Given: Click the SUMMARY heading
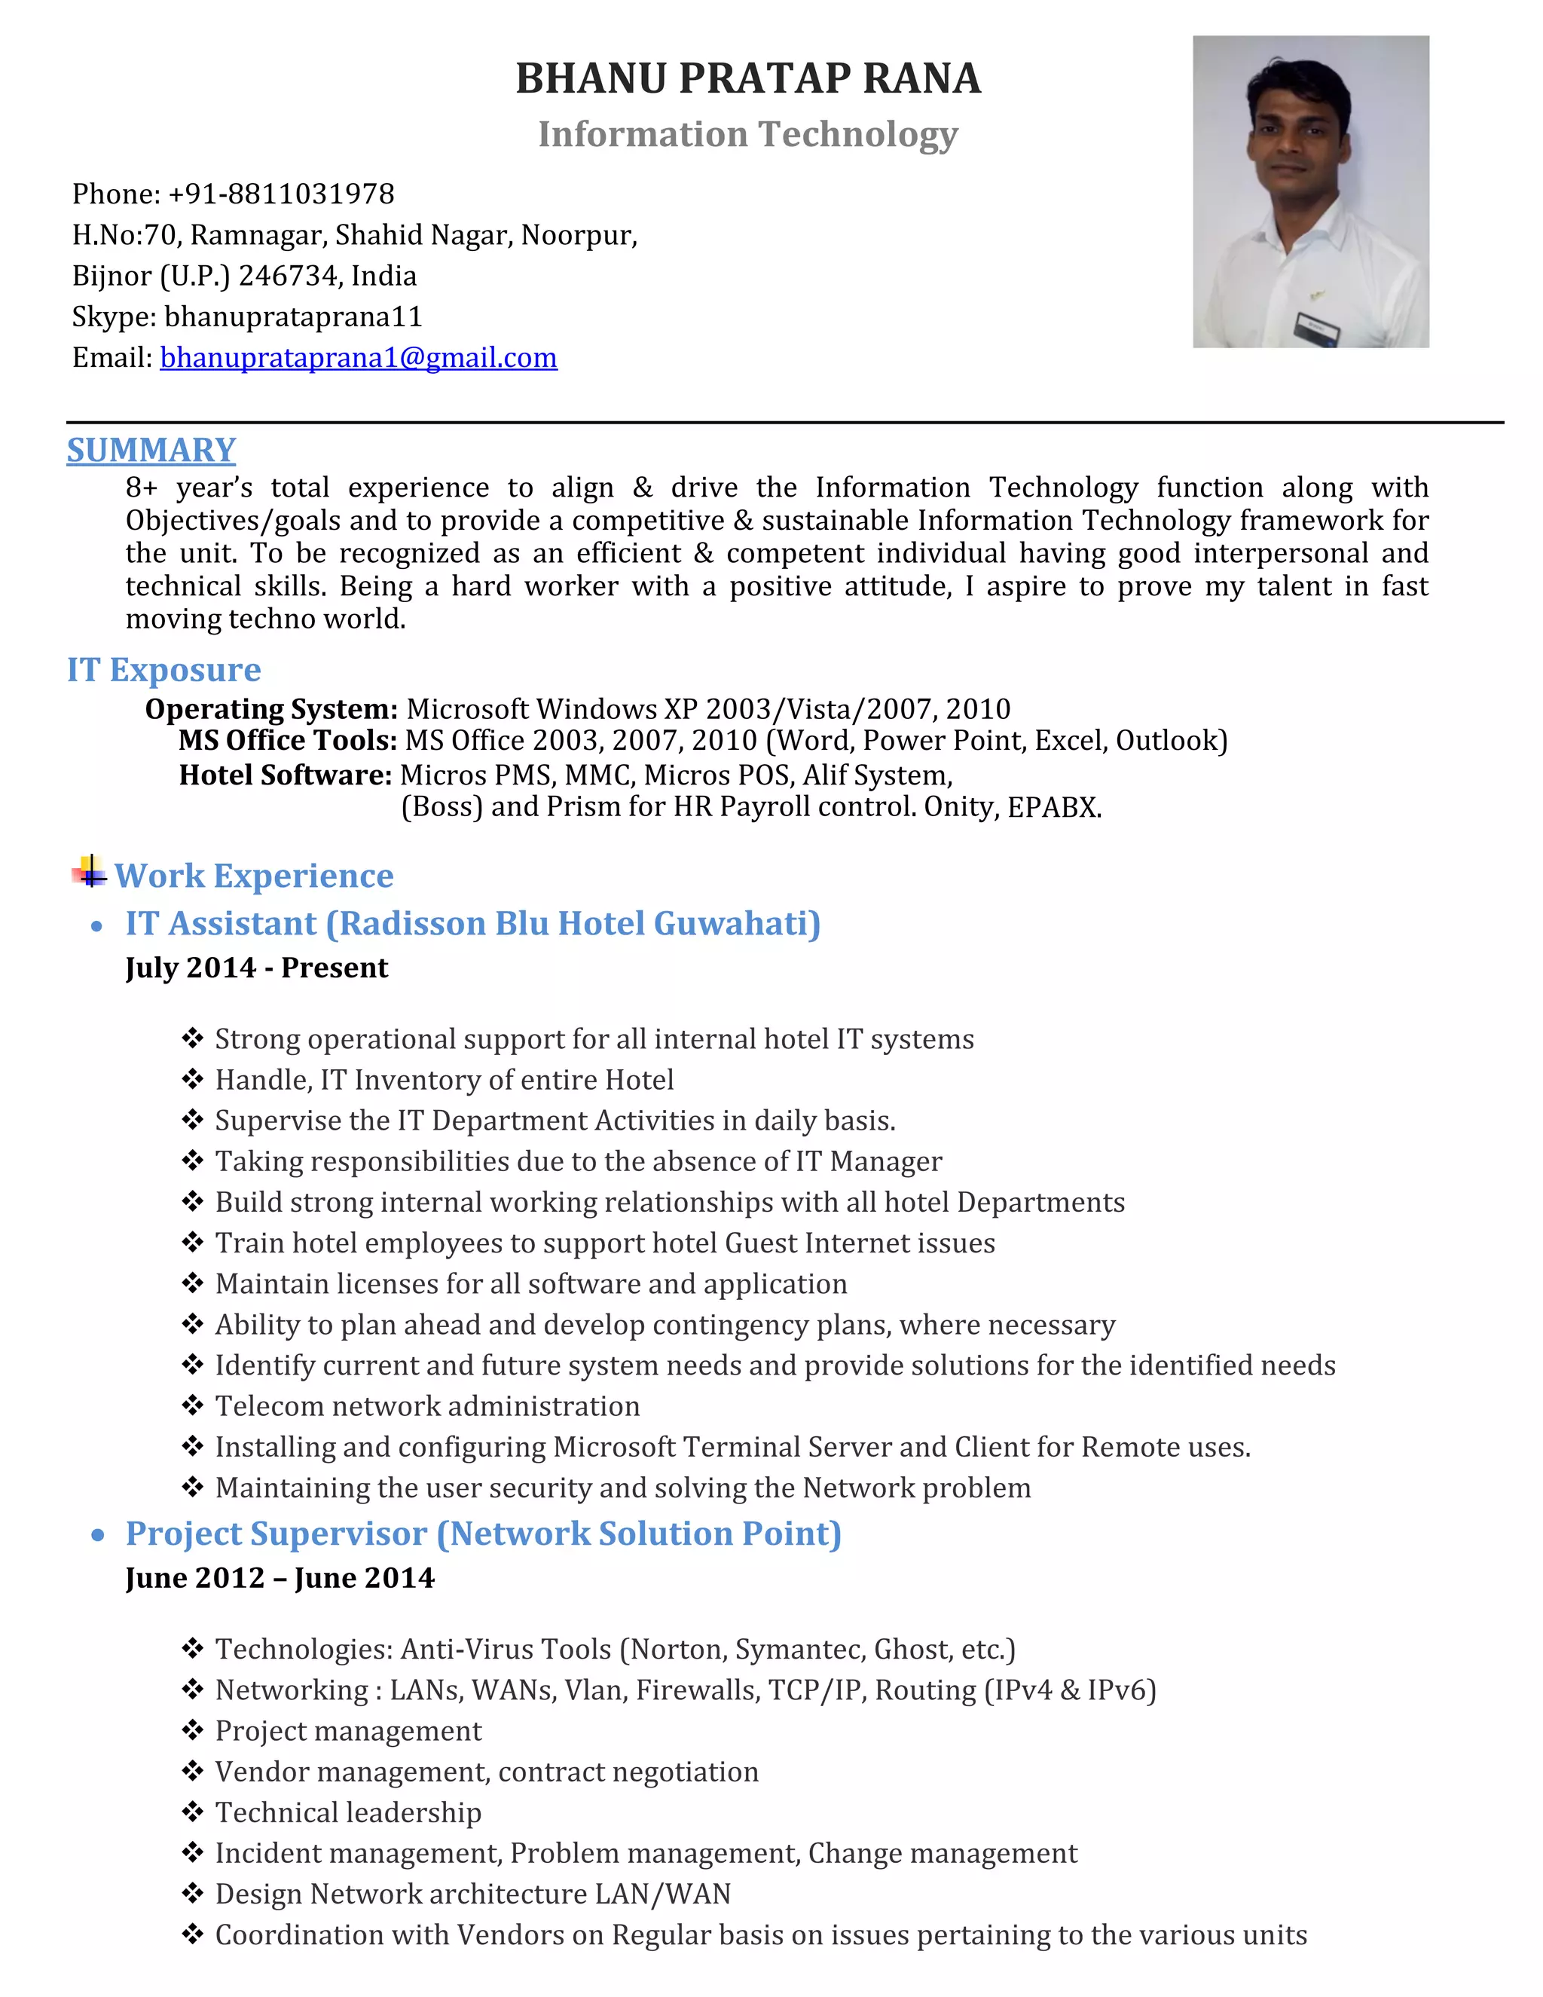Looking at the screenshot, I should coord(151,450).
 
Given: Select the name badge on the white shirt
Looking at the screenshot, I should coord(1317,326).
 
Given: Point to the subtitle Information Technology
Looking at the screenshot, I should coord(747,133).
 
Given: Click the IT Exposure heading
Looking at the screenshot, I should coord(163,669).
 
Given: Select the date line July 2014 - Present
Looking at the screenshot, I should coord(257,968).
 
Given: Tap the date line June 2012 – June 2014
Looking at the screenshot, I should coord(280,1577).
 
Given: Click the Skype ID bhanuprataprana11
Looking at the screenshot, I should coord(293,317).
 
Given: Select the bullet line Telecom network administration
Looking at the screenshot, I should coord(427,1405).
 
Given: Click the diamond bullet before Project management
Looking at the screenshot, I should coord(192,1730).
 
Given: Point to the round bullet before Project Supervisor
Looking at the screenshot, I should coord(98,1535).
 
